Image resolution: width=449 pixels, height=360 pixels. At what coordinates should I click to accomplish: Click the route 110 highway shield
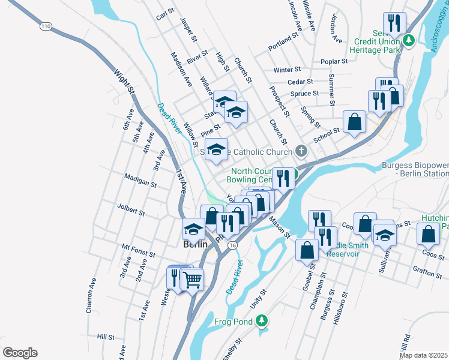[x=46, y=26]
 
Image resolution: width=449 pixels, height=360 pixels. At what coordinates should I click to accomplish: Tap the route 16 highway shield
[x=232, y=246]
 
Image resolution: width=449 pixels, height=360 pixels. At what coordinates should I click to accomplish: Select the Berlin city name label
[x=195, y=245]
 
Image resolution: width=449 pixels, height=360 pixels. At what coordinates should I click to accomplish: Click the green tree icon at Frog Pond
[x=261, y=322]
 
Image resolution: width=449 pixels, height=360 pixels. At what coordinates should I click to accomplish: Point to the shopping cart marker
[x=192, y=279]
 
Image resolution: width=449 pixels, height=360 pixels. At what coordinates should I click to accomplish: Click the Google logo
[x=20, y=353]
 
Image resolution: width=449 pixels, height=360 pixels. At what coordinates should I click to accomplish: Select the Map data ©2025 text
[x=423, y=355]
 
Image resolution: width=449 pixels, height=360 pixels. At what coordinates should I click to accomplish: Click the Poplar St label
[x=334, y=61]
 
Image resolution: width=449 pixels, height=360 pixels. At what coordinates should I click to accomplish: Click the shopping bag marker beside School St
[x=355, y=122]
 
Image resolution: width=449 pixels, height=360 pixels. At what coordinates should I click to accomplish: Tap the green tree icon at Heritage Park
[x=409, y=41]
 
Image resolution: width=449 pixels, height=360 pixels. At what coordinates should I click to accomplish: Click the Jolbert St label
[x=133, y=212]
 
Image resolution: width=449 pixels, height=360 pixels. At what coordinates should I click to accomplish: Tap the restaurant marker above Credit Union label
[x=394, y=24]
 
